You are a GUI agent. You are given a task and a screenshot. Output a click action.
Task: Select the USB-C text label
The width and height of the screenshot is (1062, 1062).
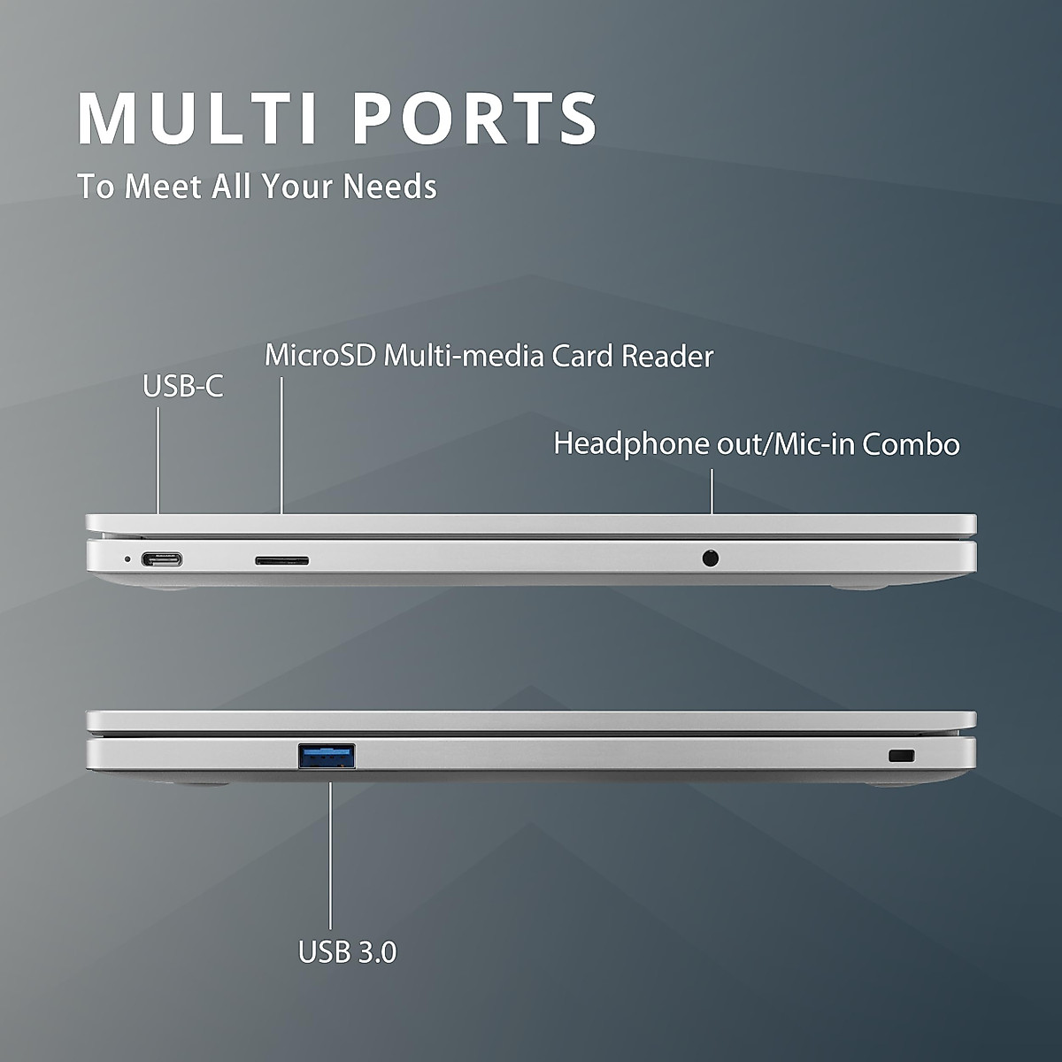(x=183, y=386)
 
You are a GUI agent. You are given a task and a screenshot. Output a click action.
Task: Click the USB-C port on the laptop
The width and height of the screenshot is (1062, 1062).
(x=162, y=560)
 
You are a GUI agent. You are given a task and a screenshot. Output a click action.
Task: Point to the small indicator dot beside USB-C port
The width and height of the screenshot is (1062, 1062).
(x=127, y=559)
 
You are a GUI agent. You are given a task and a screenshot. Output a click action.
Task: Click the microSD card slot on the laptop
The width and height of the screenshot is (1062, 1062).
(x=282, y=560)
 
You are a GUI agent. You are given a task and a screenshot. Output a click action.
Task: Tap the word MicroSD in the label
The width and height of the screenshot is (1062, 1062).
(x=320, y=356)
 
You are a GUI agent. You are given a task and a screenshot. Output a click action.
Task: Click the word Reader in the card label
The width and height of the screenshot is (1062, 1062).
(x=667, y=356)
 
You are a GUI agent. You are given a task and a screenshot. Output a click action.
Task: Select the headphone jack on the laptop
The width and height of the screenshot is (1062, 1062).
(x=710, y=558)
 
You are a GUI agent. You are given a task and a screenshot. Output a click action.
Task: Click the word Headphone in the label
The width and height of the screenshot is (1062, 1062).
(x=632, y=443)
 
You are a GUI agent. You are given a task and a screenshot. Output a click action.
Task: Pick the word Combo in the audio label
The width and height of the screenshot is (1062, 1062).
(x=912, y=443)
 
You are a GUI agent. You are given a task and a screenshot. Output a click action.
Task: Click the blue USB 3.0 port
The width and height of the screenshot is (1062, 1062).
(x=327, y=756)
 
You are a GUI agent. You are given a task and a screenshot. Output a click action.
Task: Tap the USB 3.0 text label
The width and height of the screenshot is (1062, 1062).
(x=348, y=952)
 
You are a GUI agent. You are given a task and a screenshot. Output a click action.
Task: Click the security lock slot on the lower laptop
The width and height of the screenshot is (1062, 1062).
(x=901, y=756)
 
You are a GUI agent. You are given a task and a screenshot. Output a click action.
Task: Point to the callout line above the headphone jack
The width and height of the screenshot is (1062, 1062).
(x=712, y=491)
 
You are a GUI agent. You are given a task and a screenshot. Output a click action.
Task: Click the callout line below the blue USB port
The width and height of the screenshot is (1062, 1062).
(x=330, y=850)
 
